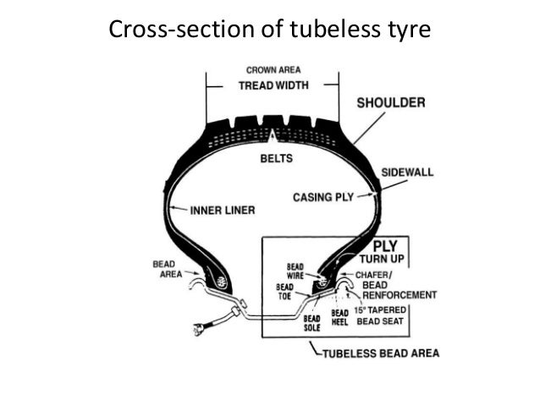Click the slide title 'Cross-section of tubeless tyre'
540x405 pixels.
click(270, 30)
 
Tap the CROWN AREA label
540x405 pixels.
click(272, 69)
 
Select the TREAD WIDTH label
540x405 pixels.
click(272, 85)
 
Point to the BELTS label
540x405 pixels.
click(275, 158)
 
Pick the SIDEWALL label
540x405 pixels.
click(406, 172)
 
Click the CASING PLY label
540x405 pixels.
click(322, 197)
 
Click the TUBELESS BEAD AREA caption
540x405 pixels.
click(377, 353)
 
